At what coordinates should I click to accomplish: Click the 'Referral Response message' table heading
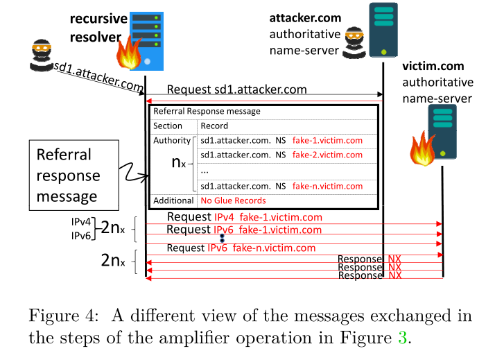(x=207, y=111)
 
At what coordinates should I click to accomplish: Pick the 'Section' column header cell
(x=168, y=126)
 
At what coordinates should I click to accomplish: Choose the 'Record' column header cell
(x=214, y=126)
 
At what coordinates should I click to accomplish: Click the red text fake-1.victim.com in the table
(x=327, y=141)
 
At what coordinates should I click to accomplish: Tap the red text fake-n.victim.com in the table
(x=327, y=186)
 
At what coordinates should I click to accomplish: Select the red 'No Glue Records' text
(x=233, y=200)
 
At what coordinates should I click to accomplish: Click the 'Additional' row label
(x=173, y=200)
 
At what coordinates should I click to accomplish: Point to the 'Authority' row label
(x=171, y=141)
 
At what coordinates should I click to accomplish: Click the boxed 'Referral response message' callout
(x=68, y=175)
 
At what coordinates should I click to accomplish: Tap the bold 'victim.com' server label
(x=433, y=67)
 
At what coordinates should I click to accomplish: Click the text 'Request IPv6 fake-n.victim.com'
(x=241, y=248)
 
